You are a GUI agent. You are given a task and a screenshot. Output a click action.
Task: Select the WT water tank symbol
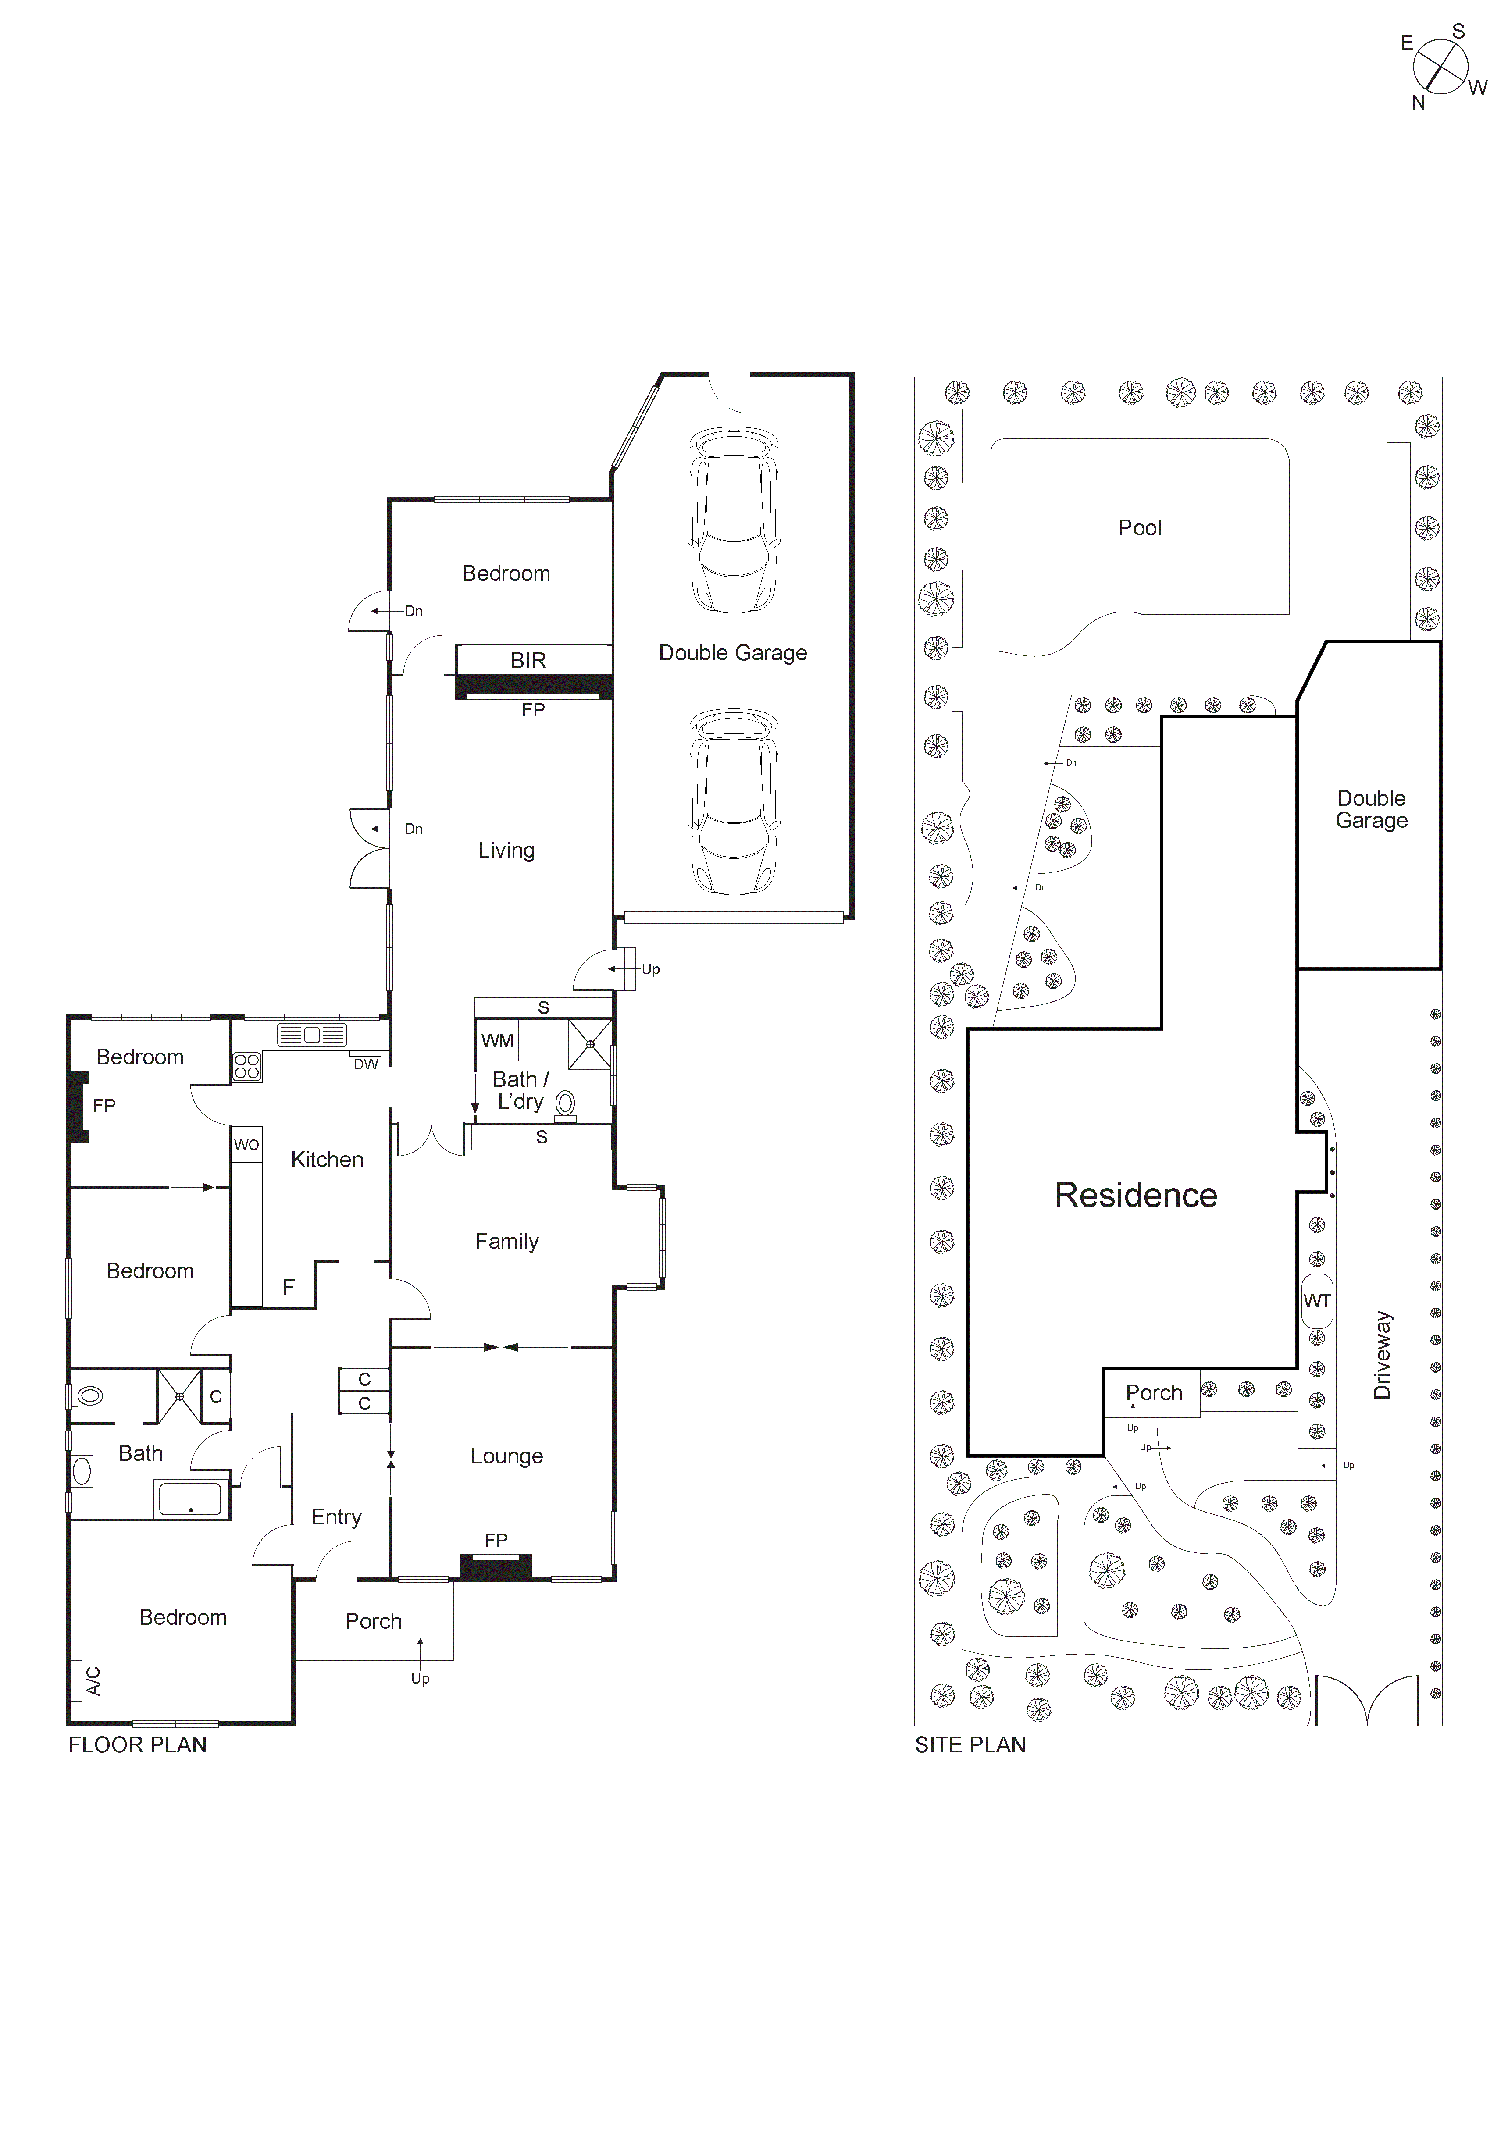click(1317, 1301)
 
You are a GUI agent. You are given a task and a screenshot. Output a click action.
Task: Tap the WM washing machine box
click(497, 1041)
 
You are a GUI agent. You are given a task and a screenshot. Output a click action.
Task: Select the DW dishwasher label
click(366, 1064)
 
